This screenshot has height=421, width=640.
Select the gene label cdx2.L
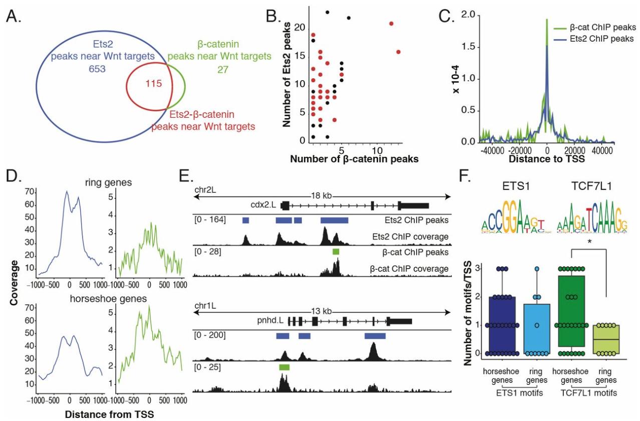(x=265, y=204)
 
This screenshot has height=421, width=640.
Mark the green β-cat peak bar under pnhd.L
(x=284, y=367)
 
